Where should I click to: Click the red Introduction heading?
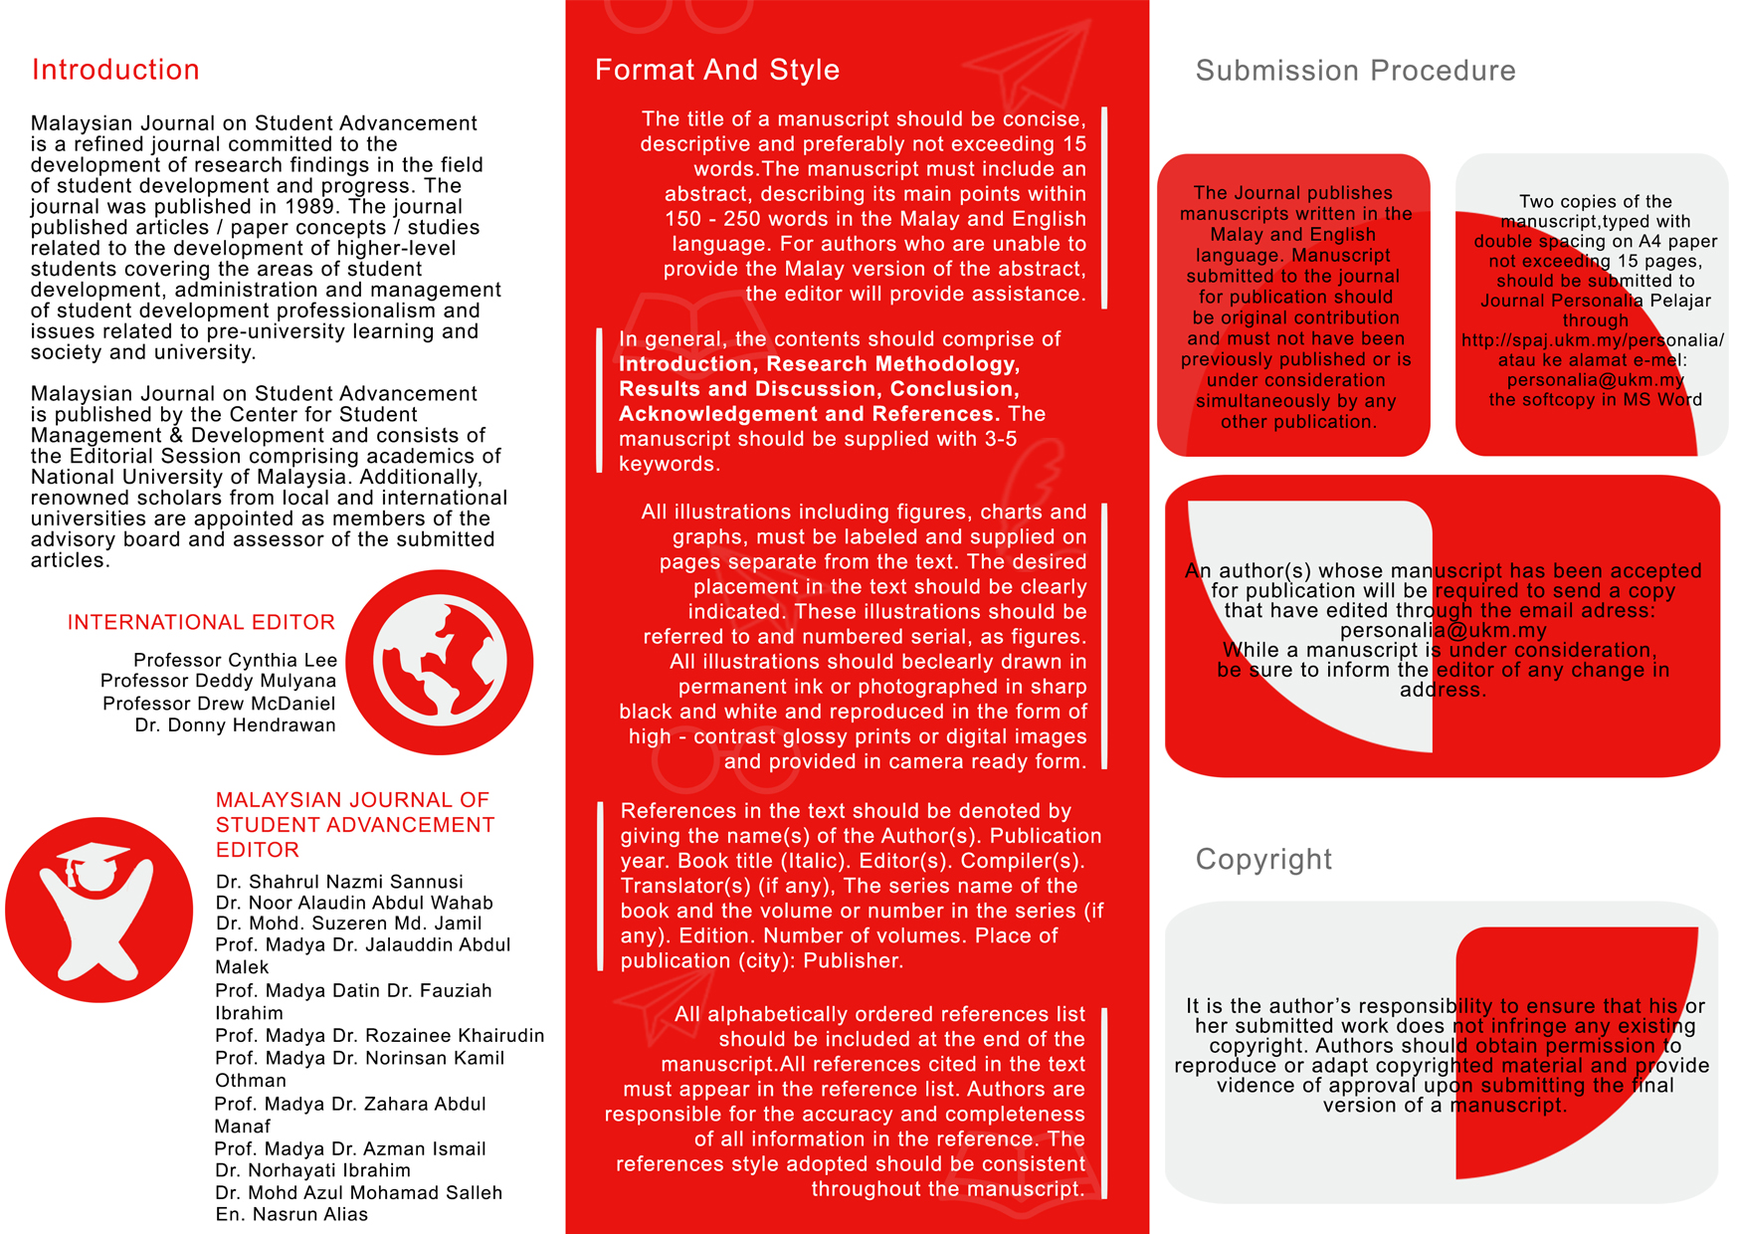pos(115,70)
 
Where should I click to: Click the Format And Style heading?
pos(716,70)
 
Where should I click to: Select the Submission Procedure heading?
pos(1355,71)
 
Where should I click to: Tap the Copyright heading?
pos(1262,859)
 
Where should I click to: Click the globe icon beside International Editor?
pos(440,662)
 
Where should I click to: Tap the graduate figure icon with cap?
pos(98,910)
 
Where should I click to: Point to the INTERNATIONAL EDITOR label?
pos(201,622)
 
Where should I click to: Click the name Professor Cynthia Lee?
pos(235,660)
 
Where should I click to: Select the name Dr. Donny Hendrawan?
pos(235,725)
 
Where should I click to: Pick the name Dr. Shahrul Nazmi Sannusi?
pos(339,882)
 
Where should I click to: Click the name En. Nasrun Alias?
pos(291,1214)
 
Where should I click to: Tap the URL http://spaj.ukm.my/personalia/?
pos(1592,340)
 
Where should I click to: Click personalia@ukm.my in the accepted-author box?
pos(1443,630)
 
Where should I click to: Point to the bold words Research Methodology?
pos(892,364)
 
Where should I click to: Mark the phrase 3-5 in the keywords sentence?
pos(998,439)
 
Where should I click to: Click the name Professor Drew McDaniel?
pos(219,704)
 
